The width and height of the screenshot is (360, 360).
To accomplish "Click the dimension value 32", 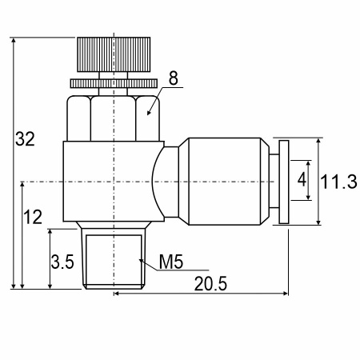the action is click(x=25, y=139).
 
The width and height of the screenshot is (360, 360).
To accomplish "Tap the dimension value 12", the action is click(x=33, y=217).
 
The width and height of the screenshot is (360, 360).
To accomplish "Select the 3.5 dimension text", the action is click(x=62, y=262).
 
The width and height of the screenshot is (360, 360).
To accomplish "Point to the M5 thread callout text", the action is click(x=171, y=262).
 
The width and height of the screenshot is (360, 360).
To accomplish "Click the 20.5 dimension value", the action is click(x=210, y=283).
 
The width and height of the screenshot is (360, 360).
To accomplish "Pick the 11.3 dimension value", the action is click(x=338, y=182).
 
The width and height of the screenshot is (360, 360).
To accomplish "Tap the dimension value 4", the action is click(x=302, y=179).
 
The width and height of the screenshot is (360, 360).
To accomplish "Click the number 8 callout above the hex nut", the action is click(x=174, y=78).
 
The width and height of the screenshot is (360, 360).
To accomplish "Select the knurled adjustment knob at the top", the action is click(x=114, y=54).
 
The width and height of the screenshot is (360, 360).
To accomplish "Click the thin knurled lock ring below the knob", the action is click(x=114, y=83).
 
